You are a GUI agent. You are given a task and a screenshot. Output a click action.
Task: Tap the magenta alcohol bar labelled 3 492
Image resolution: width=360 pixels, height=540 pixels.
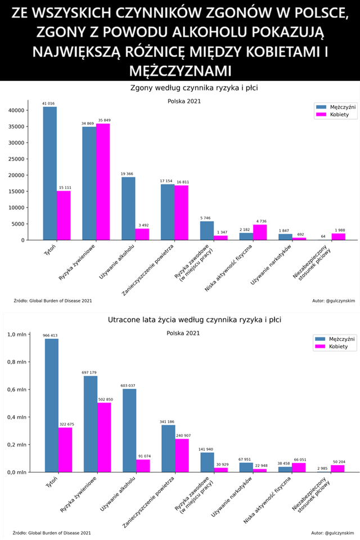click(142, 234)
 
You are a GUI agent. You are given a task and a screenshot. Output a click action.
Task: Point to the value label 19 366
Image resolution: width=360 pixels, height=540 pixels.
click(128, 174)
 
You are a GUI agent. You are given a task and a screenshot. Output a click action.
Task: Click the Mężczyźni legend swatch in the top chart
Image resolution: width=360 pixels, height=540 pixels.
click(321, 106)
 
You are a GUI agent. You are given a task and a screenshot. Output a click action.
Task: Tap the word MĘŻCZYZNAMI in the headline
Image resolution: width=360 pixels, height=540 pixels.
click(180, 70)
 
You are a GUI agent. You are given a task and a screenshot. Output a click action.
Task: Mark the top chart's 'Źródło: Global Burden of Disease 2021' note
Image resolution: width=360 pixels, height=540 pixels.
click(52, 301)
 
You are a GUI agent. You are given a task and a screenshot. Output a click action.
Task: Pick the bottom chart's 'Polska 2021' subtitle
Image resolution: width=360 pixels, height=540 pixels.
click(184, 333)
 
